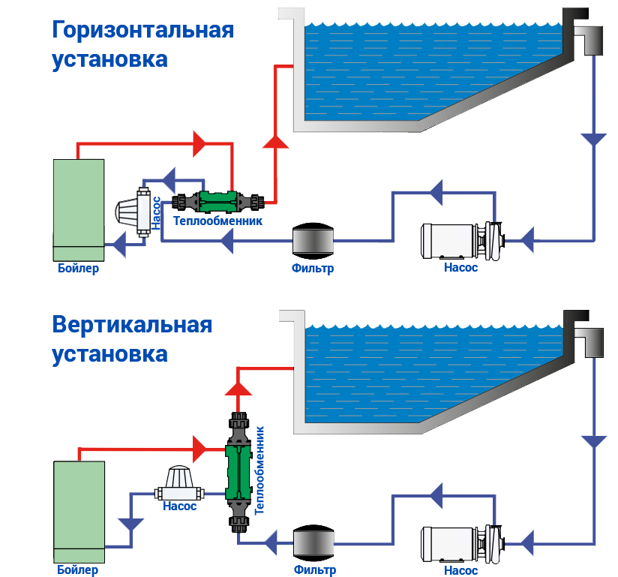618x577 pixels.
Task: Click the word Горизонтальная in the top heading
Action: (142, 31)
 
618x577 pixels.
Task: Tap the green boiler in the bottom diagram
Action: (79, 511)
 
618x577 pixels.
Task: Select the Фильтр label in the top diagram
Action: (313, 268)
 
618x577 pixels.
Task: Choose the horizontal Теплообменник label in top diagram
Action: (217, 221)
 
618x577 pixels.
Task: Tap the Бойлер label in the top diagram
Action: (78, 268)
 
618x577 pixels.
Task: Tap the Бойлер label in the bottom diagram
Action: (78, 570)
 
